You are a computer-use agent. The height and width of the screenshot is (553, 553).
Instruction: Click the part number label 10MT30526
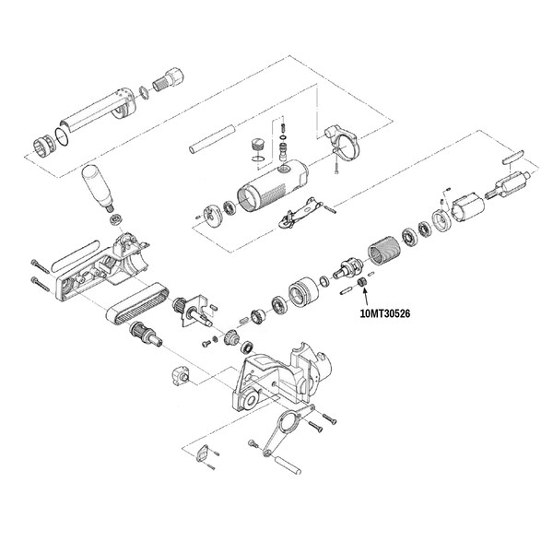(x=385, y=313)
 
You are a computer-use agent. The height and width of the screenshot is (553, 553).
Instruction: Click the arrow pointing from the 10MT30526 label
(x=366, y=297)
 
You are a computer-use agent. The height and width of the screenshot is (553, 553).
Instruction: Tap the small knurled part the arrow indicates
(x=360, y=282)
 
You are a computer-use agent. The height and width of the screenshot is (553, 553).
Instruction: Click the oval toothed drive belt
(x=138, y=302)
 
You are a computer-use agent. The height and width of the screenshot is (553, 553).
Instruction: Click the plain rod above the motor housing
(x=212, y=138)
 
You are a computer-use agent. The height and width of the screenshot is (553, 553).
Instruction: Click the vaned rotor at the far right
(x=509, y=184)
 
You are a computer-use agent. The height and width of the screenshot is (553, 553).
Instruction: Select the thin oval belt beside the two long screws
(x=76, y=255)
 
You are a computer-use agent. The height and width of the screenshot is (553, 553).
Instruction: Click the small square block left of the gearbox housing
(x=182, y=376)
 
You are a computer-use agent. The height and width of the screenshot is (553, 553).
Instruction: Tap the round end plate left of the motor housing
(x=213, y=215)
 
